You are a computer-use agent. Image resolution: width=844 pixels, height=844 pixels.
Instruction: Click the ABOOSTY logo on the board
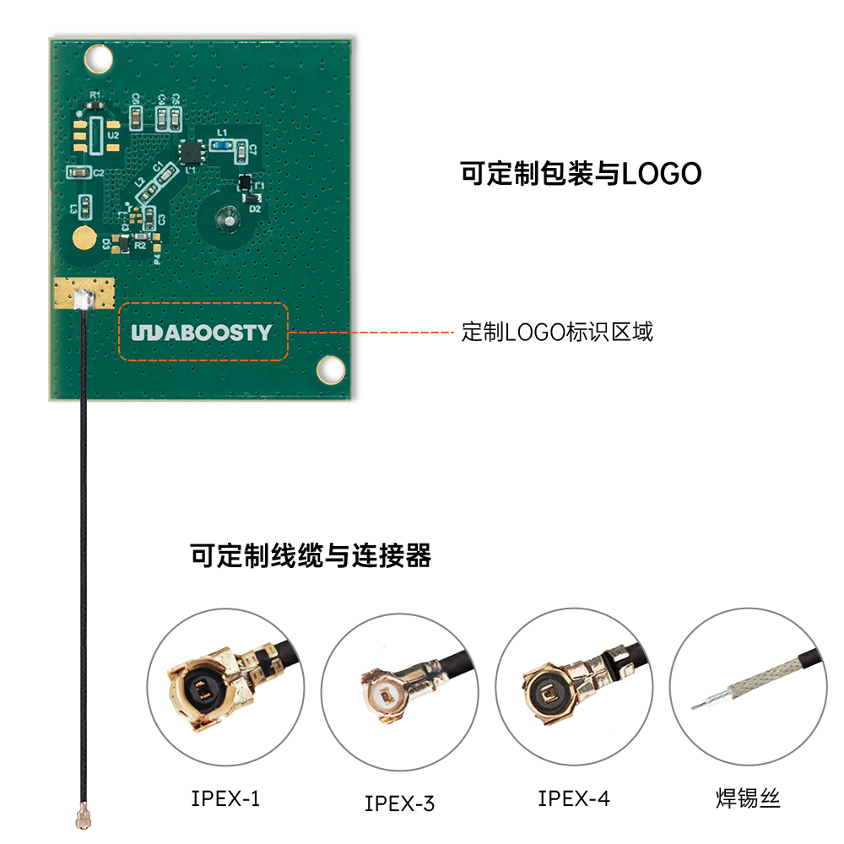pyautogui.click(x=201, y=333)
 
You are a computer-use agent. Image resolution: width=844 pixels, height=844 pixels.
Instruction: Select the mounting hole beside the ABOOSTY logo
pyautogui.click(x=330, y=368)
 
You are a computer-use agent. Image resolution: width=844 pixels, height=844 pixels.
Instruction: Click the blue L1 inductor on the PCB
pyautogui.click(x=222, y=145)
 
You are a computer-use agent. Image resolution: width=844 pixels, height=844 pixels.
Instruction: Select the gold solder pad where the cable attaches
pyautogui.click(x=83, y=295)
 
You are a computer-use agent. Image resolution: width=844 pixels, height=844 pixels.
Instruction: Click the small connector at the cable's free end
pyautogui.click(x=83, y=816)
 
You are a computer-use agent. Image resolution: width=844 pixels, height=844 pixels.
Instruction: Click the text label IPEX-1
pyautogui.click(x=225, y=798)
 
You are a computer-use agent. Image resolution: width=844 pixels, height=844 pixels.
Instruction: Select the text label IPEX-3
pyautogui.click(x=399, y=803)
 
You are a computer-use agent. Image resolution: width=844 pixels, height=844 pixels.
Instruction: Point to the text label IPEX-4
pyautogui.click(x=574, y=798)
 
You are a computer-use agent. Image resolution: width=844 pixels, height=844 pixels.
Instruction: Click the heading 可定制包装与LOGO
pyautogui.click(x=581, y=174)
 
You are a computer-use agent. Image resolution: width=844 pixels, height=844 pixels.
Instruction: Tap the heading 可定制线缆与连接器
pyautogui.click(x=311, y=556)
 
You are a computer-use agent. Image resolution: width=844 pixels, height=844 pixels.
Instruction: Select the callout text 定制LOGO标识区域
pyautogui.click(x=557, y=332)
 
